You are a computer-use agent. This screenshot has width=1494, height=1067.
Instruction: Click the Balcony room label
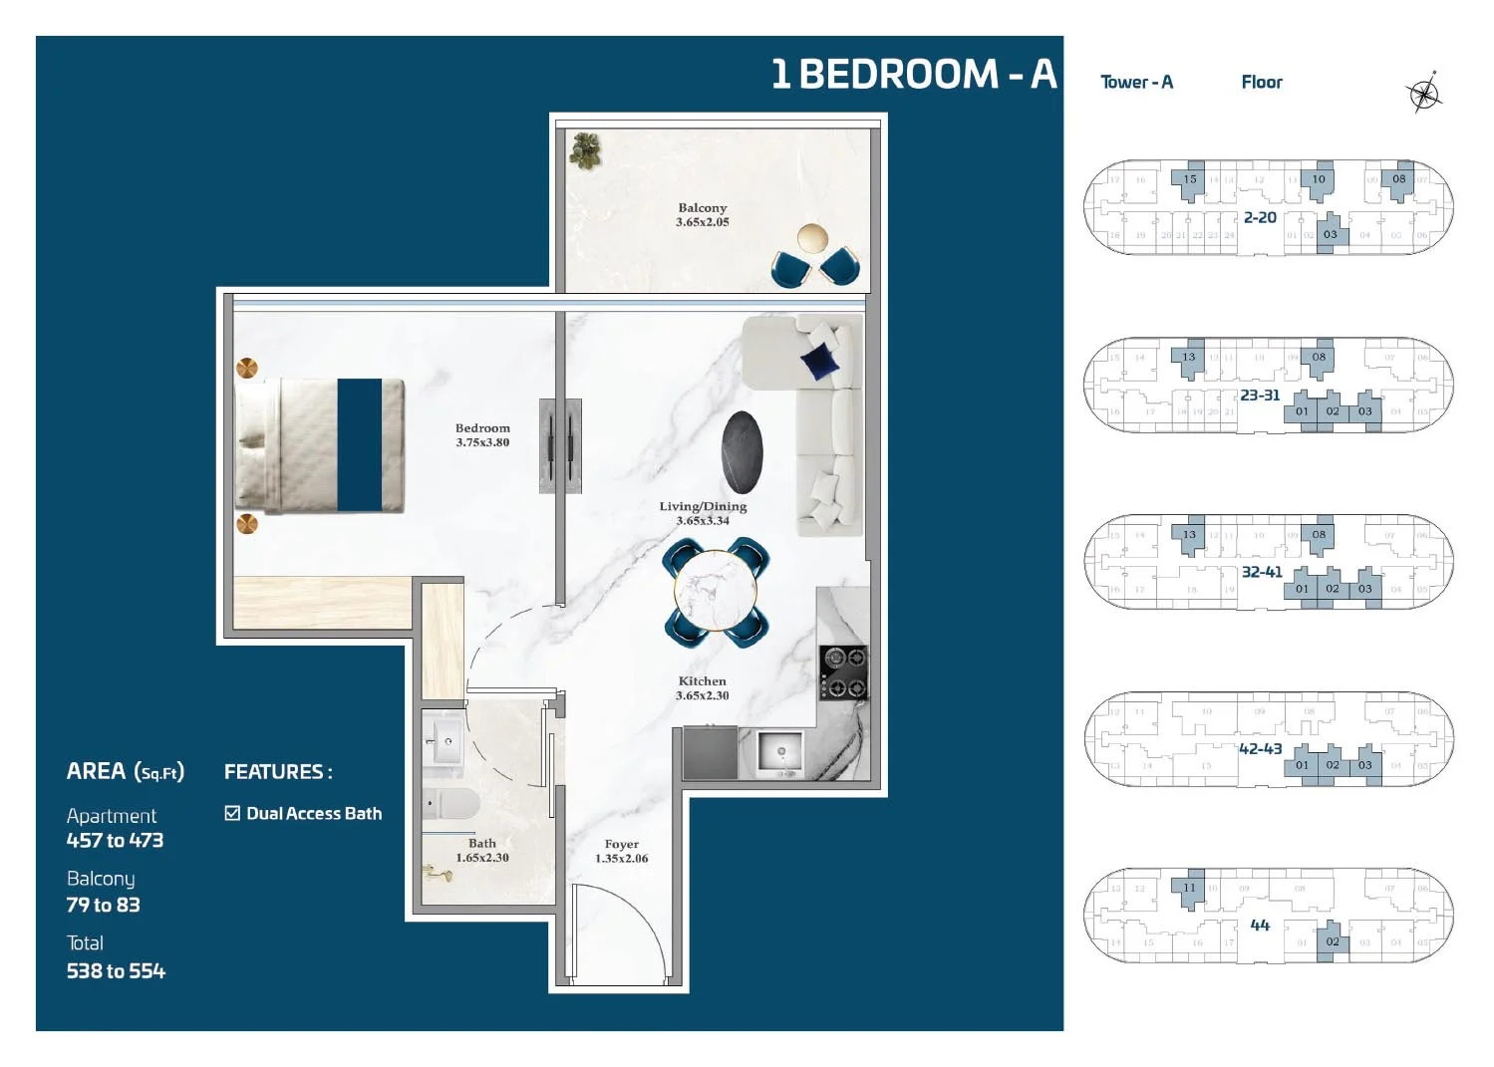703,215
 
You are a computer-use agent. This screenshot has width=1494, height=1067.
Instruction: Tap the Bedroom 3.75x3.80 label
482,435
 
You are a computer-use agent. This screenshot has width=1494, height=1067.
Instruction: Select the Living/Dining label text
703,507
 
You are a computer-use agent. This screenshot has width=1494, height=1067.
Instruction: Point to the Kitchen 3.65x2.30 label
703,688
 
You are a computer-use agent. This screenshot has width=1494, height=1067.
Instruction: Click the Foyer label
621,851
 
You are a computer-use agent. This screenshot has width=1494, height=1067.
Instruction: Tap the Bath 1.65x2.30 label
482,850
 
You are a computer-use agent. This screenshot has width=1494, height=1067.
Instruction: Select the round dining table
716,590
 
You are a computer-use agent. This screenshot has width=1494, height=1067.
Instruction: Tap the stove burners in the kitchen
843,672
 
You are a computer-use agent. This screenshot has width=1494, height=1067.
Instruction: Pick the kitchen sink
779,752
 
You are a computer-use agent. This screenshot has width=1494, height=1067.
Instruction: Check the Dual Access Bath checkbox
233,813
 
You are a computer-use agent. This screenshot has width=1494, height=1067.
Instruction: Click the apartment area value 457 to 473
115,840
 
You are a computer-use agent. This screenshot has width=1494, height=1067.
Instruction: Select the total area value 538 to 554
116,970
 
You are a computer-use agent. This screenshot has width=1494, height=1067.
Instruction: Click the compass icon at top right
1424,94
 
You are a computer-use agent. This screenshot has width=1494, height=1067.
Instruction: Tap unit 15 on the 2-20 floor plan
1189,179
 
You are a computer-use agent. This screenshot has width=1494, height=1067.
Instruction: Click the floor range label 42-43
1260,748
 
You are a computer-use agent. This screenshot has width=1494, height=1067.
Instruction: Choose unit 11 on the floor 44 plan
1189,887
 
